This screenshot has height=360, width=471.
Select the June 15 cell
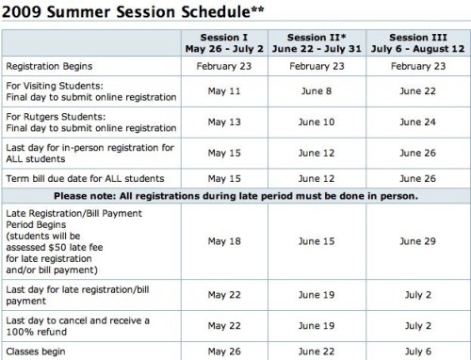[x=317, y=241]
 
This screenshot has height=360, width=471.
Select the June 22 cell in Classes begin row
[x=317, y=352]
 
